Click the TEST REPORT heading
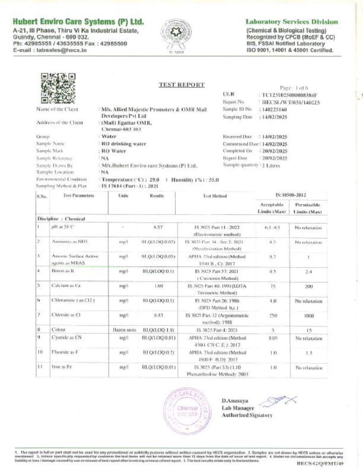point(182,84)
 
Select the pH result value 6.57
point(158,227)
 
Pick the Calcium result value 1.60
point(158,285)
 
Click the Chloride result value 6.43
point(158,315)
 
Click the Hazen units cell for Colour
point(123,330)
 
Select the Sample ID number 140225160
point(274,109)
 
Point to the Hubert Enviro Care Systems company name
point(78,22)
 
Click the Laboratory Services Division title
point(292,22)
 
